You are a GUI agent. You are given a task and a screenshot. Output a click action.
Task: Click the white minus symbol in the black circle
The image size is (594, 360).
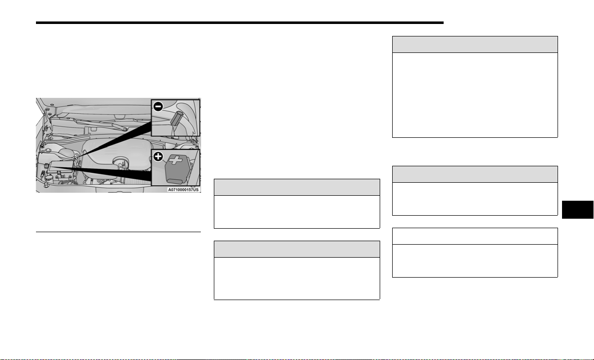pos(158,107)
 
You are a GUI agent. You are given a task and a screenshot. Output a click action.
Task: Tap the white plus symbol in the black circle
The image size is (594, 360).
pos(158,156)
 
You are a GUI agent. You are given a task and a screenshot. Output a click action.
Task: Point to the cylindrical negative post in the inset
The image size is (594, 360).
pos(176,118)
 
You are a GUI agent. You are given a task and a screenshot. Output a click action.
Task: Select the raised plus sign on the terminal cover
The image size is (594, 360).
pos(175,160)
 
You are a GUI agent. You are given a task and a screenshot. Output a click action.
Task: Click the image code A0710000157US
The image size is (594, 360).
pos(183,190)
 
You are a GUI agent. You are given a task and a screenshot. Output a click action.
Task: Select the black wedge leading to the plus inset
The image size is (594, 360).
pos(102,173)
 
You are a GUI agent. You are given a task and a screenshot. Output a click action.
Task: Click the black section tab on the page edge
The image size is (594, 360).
pos(578,210)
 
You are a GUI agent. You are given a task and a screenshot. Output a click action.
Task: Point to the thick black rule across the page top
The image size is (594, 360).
pos(239,22)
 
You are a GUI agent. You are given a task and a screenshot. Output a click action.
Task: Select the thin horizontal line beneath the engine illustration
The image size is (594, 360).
pos(118,232)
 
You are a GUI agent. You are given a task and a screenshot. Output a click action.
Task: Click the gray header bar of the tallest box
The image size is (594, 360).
pos(475,44)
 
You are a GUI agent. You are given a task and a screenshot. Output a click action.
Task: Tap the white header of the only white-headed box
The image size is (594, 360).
pos(475,236)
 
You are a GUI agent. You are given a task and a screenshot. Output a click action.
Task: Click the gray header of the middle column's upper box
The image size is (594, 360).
pos(297,187)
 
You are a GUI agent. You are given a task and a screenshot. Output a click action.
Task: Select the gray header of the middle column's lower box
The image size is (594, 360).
pos(297,249)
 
